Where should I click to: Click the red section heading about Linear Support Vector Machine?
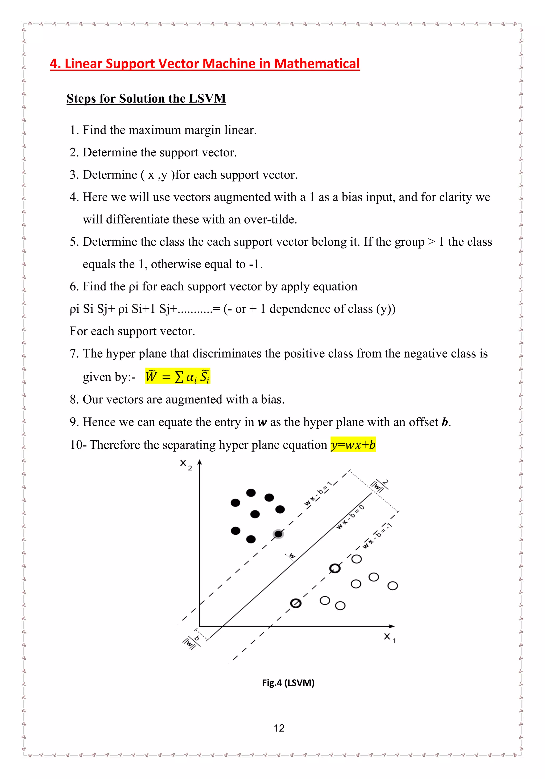(204, 64)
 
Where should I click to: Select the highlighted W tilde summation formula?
(177, 376)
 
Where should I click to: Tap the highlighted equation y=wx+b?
(353, 444)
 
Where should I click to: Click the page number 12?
(279, 728)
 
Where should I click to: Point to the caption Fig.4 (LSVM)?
(288, 682)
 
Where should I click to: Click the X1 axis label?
(389, 637)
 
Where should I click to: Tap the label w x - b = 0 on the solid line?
(350, 517)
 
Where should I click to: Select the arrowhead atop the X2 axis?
(200, 462)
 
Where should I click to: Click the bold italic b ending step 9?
(445, 422)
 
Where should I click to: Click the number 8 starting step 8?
(73, 400)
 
